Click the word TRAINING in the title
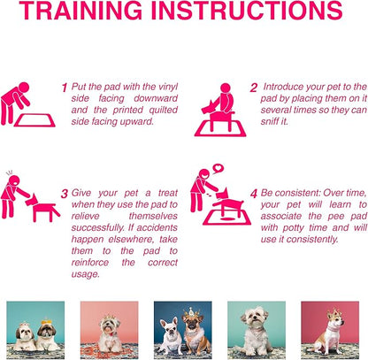(x=80, y=11)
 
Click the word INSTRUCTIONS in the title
(x=247, y=11)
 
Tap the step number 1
(x=65, y=88)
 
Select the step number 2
(x=253, y=88)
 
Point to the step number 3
(x=65, y=194)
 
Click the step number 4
(x=254, y=194)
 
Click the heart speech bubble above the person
(x=218, y=169)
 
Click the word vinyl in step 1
(x=168, y=88)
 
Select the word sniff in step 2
(x=270, y=121)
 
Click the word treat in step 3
(x=167, y=193)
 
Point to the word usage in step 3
(x=85, y=274)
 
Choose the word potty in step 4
(x=293, y=228)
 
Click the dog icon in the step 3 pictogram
(x=42, y=206)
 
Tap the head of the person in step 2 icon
(x=226, y=88)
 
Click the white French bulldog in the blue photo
(x=171, y=335)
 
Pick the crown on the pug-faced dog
(x=191, y=312)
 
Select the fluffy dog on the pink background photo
(x=110, y=334)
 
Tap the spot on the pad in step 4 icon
(x=226, y=218)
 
